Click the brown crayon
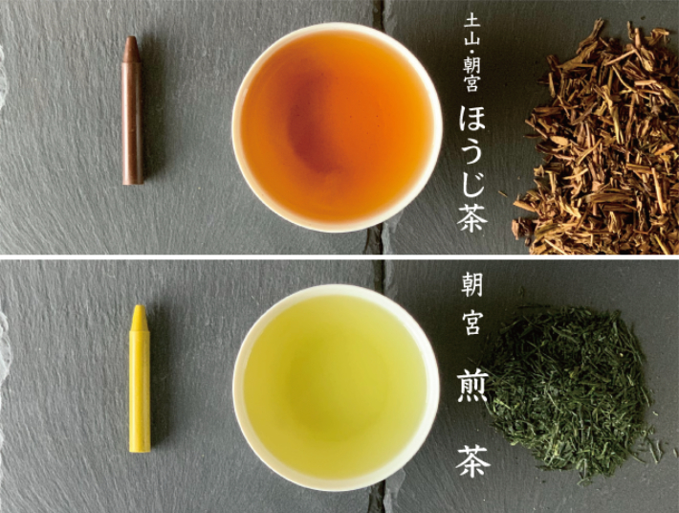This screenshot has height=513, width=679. (x=133, y=110)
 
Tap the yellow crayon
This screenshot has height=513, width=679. (x=140, y=379)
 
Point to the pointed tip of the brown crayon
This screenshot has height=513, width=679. (x=132, y=37)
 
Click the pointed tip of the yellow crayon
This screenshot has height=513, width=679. (x=139, y=306)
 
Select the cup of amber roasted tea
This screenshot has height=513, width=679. (x=337, y=127)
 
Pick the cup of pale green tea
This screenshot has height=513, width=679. (x=336, y=388)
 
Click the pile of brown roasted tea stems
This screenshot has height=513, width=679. (x=596, y=139)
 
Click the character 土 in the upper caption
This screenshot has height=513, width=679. (x=471, y=22)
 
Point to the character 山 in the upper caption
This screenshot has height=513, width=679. (x=471, y=41)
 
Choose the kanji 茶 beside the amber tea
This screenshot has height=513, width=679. (x=472, y=219)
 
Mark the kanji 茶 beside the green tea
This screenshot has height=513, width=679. (x=472, y=462)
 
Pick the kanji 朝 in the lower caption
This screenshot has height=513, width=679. (x=472, y=284)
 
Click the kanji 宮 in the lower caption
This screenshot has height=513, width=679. (x=472, y=324)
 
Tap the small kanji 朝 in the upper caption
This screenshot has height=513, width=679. (x=471, y=65)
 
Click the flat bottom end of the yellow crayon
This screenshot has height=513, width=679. (x=140, y=451)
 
